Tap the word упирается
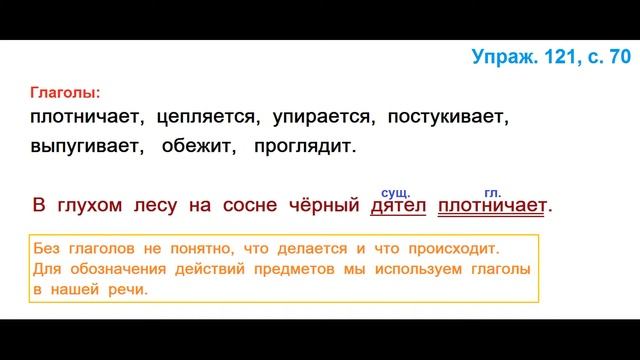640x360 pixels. coord(314,118)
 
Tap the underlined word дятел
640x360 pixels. coord(398,206)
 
